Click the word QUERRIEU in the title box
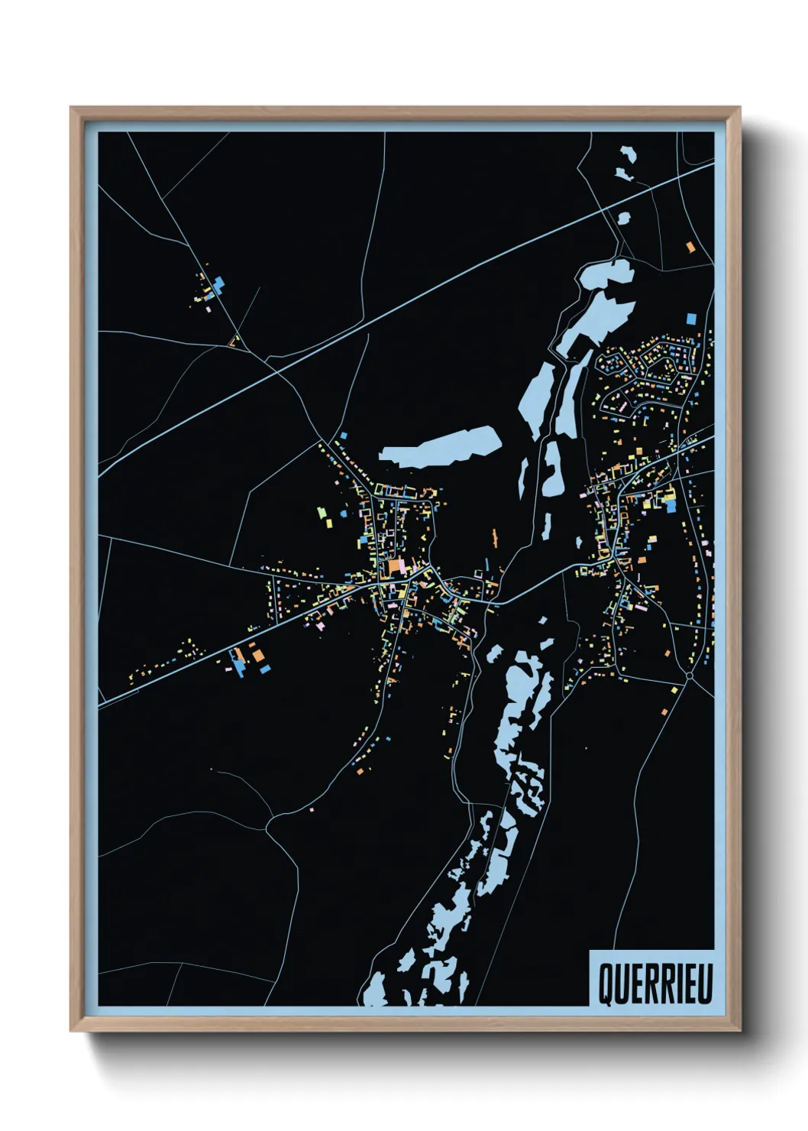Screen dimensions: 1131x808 [654, 983]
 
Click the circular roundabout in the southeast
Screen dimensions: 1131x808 [689, 676]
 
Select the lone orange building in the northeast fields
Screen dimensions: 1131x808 [690, 247]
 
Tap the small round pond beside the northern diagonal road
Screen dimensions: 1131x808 [623, 218]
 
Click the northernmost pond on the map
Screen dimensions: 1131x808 [626, 156]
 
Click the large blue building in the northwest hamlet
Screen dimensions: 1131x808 [220, 284]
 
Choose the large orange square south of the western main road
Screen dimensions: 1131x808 [259, 654]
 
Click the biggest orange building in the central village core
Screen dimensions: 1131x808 [395, 566]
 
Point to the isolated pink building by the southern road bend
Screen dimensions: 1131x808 [311, 809]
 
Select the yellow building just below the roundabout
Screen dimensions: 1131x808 [674, 690]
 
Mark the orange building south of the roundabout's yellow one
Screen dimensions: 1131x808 [664, 712]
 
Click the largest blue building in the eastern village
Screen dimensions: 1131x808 [671, 505]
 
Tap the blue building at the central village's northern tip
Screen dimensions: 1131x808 [344, 436]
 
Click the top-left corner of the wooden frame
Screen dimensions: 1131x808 [72, 109]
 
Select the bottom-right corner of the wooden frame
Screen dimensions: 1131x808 [739, 1030]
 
